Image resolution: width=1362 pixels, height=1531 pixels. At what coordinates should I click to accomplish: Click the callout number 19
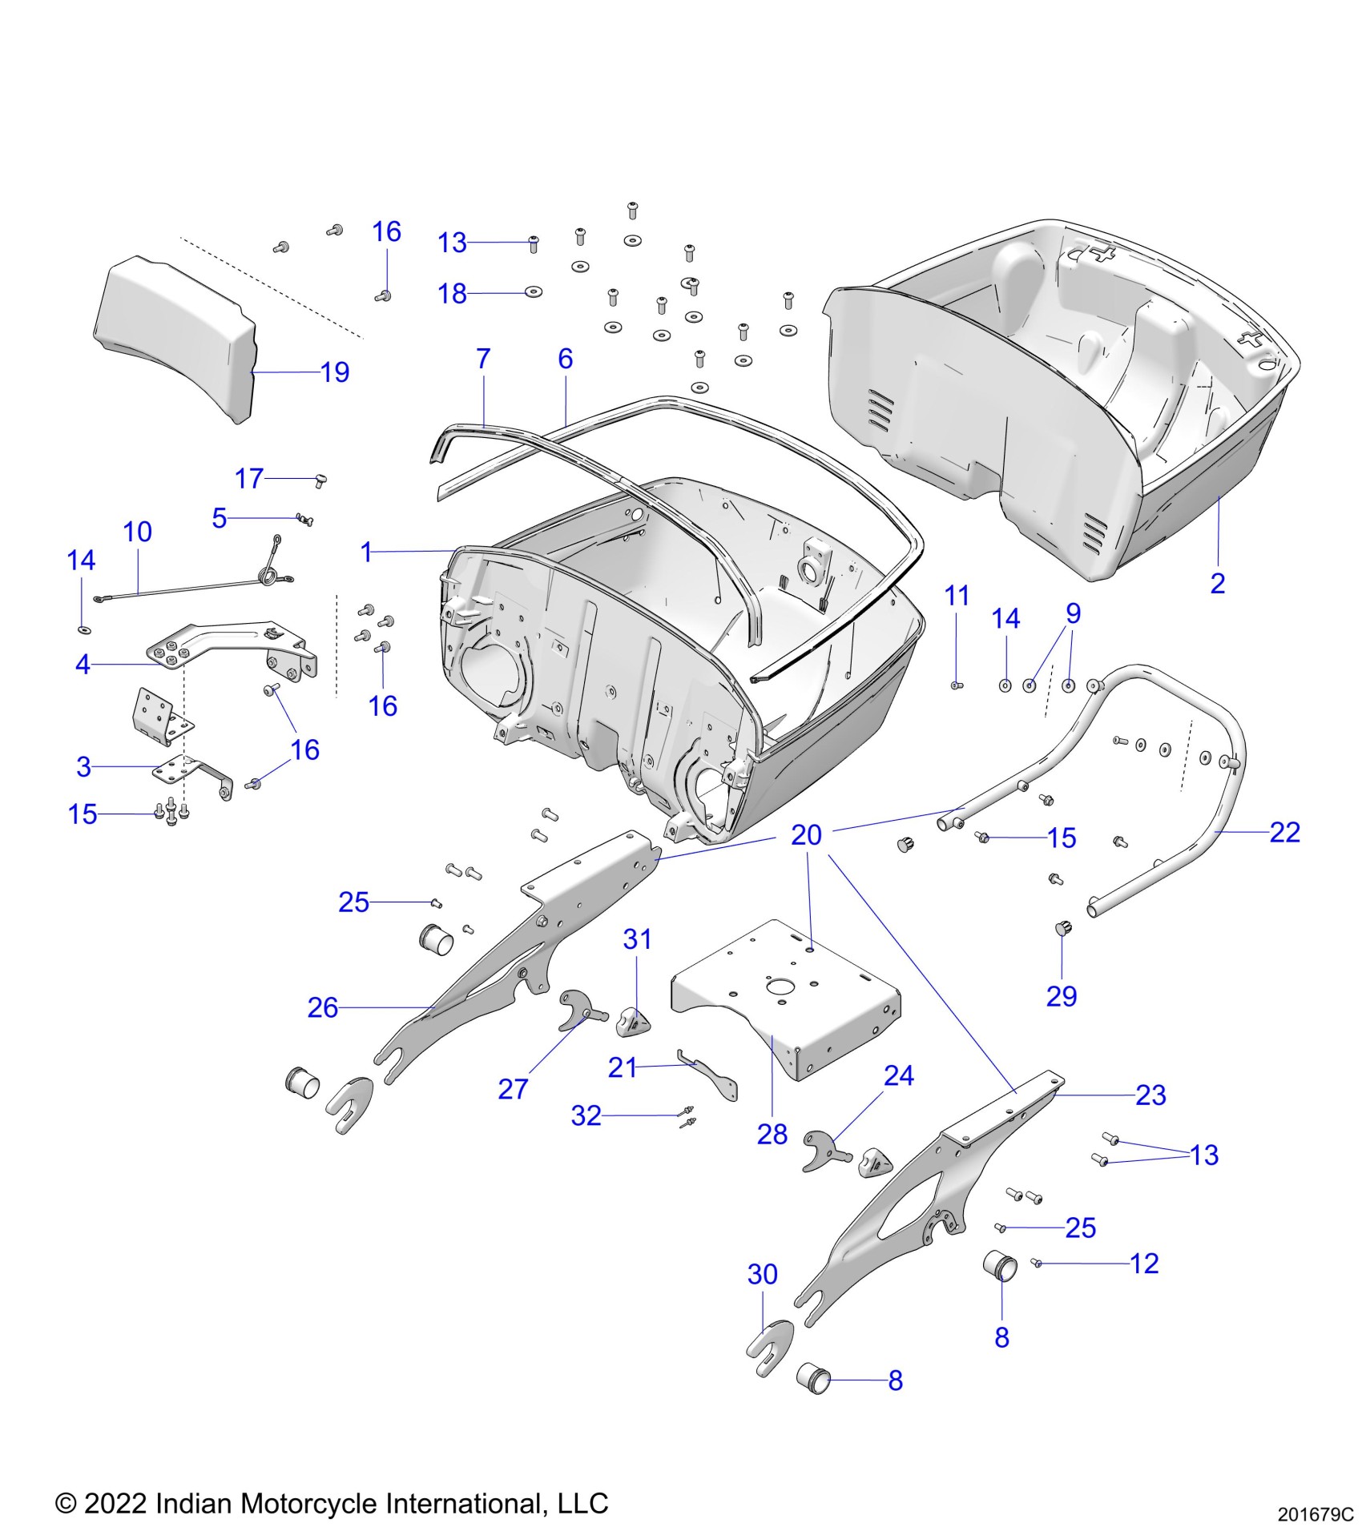coord(335,372)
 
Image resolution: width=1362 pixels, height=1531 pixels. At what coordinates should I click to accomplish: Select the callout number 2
coord(1217,584)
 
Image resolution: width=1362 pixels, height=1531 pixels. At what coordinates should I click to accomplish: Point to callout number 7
coord(483,359)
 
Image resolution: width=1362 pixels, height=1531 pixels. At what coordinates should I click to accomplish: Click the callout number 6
coord(566,359)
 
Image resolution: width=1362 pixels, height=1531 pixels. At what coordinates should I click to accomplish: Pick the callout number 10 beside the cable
coord(137,532)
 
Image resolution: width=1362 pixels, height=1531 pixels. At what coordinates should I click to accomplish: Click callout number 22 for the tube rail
coord(1284,833)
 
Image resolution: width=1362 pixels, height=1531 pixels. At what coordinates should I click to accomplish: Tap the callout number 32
coord(586,1115)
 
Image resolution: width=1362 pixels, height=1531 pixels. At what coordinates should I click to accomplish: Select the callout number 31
coord(637,939)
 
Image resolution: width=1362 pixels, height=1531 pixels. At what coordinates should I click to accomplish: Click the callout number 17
coord(249,479)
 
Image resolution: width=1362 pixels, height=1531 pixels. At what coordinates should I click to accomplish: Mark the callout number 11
coord(957,596)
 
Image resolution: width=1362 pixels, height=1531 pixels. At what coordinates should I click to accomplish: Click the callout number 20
coord(806,835)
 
